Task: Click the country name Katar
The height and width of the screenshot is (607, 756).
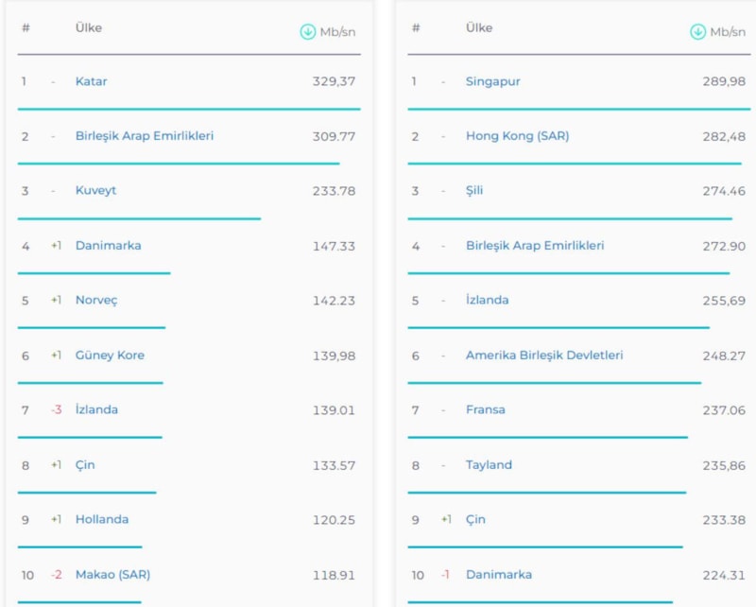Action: (92, 81)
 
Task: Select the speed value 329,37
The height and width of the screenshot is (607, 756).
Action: (334, 81)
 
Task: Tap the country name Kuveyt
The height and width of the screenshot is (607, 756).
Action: (95, 191)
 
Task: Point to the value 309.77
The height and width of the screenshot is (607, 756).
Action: (334, 136)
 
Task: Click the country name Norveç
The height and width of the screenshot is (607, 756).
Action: (96, 301)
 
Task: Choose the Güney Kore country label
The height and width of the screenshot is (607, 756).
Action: (110, 356)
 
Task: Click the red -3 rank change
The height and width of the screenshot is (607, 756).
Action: (58, 410)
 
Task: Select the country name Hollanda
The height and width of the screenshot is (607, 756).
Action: (102, 520)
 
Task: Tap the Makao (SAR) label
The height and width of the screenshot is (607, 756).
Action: (112, 575)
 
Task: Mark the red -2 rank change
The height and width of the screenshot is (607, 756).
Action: (57, 575)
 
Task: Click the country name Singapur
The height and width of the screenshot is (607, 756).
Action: (493, 81)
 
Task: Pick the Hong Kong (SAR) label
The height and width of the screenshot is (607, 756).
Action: (517, 136)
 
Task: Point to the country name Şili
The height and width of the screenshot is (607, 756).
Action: (474, 191)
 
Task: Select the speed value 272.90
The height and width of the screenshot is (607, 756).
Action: (724, 246)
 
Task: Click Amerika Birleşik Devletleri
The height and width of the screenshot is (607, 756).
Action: (544, 356)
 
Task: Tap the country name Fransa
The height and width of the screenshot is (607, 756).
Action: (486, 410)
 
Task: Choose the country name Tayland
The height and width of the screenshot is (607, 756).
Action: (489, 465)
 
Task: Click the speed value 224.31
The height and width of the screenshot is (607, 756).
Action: (724, 575)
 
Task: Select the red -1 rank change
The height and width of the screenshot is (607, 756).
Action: (445, 575)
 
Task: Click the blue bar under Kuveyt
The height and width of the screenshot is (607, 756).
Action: (139, 218)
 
